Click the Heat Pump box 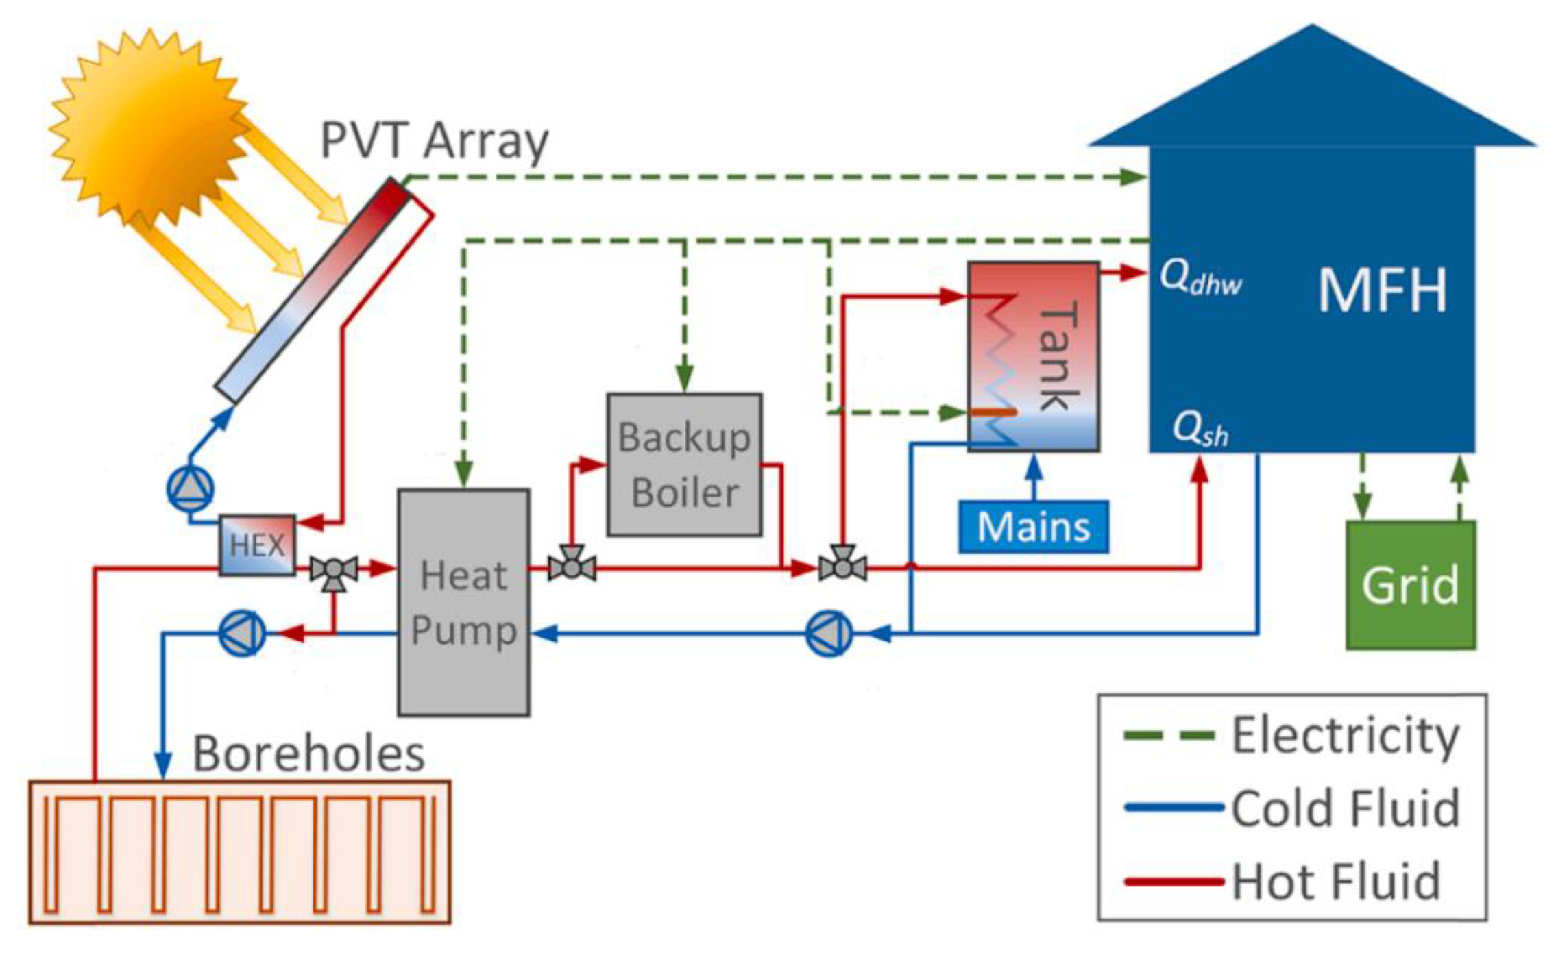point(463,602)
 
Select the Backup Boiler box point(684,464)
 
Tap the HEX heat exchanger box point(257,545)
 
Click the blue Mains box point(1033,527)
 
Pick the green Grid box point(1410,585)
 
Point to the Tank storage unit point(1033,356)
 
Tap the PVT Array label point(435,140)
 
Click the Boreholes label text point(308,754)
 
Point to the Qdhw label point(1200,279)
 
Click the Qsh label point(1200,430)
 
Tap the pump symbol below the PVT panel point(190,488)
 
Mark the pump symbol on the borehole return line point(241,633)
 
